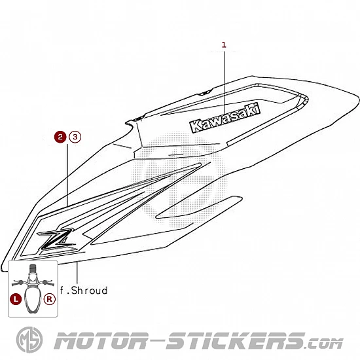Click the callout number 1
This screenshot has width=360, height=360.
pos(224,45)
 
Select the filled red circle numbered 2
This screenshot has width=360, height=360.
pos(60,137)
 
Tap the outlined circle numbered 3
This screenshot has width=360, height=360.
pos(75,137)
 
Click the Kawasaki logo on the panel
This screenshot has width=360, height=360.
pos(225,118)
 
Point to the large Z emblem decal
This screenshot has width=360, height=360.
pos(58,240)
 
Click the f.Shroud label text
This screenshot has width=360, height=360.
pos(84,291)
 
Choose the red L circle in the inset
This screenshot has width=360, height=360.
pos(16,299)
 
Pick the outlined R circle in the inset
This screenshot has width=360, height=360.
pos(50,299)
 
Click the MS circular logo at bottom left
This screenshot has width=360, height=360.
pos(29,340)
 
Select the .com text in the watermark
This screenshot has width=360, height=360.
pos(324,344)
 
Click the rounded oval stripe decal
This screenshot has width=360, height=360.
pos(199,207)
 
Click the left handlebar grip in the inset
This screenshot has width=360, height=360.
pos(16,284)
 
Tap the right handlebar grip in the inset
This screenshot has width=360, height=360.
pos(49,283)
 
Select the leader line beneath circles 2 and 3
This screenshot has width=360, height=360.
pos(67,175)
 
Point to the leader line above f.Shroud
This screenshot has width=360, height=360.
pos(77,273)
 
